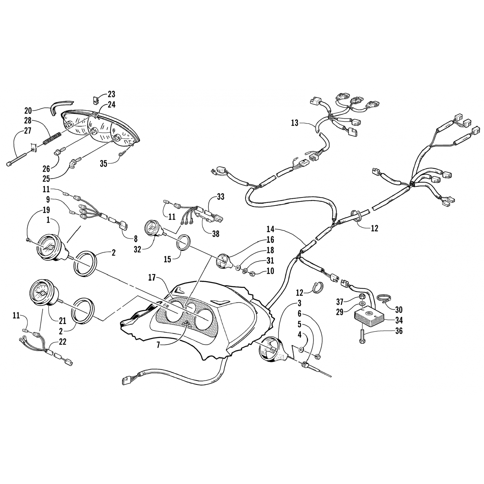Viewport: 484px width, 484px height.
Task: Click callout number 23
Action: (111, 95)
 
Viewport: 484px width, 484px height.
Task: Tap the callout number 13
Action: (295, 123)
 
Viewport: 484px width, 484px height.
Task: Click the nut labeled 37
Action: (362, 298)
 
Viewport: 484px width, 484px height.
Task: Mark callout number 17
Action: (152, 277)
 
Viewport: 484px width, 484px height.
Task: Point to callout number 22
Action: (62, 342)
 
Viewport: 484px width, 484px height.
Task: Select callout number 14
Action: (270, 229)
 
